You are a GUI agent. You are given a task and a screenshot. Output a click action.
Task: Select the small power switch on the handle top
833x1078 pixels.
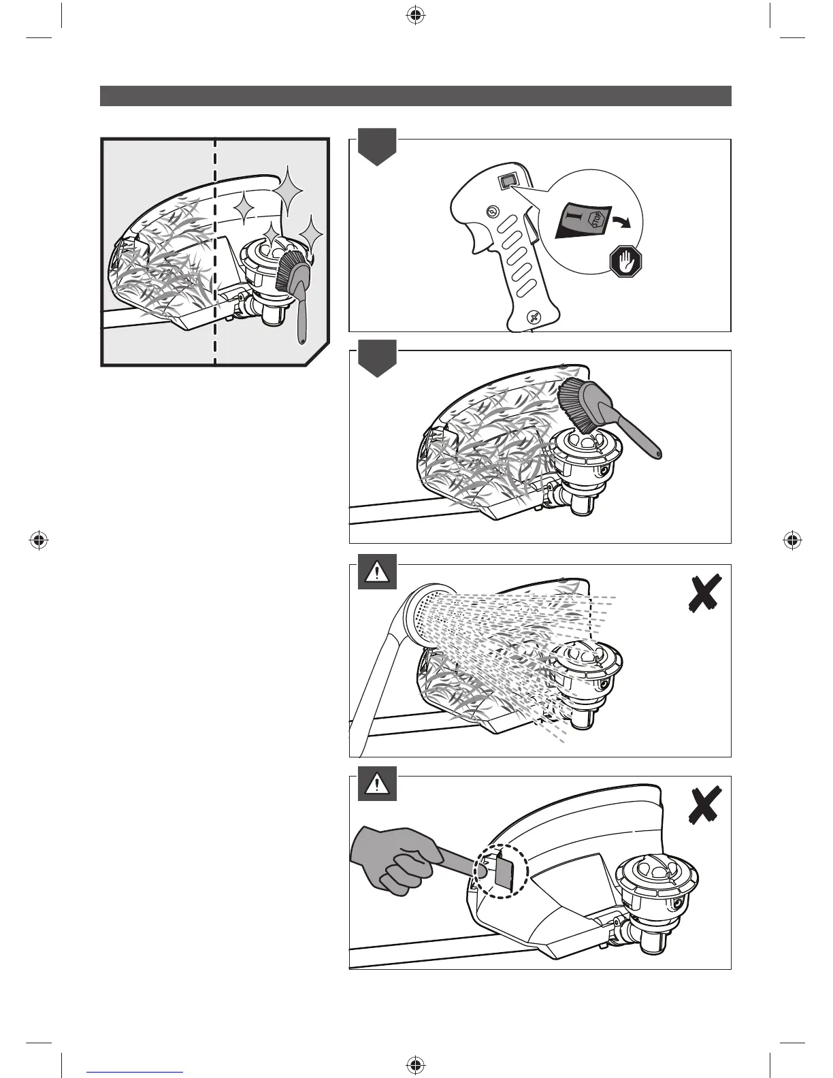click(x=508, y=180)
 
